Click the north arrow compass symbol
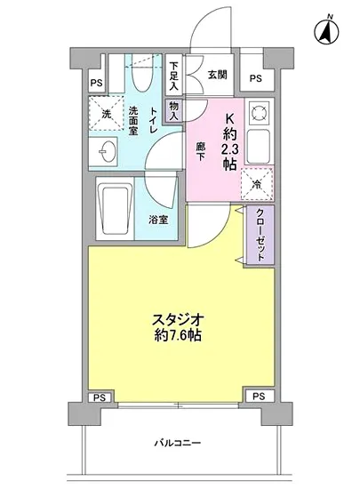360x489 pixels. pyautogui.click(x=325, y=31)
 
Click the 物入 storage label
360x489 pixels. pyautogui.click(x=174, y=111)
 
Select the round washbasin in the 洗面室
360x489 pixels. pyautogui.click(x=105, y=150)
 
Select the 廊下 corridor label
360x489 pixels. pyautogui.click(x=202, y=150)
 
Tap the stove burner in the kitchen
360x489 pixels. pyautogui.click(x=257, y=112)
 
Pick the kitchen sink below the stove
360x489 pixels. pyautogui.click(x=257, y=146)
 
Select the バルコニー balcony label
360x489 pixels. pyautogui.click(x=181, y=443)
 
